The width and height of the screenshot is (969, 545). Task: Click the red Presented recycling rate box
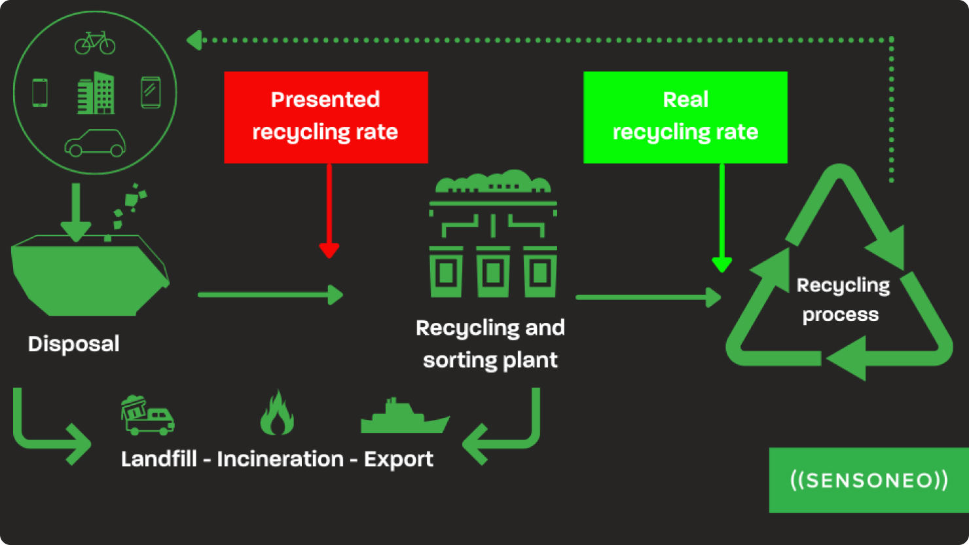pyautogui.click(x=325, y=117)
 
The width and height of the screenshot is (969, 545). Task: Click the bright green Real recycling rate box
pyautogui.click(x=685, y=117)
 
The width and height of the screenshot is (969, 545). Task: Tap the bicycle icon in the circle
pyautogui.click(x=95, y=43)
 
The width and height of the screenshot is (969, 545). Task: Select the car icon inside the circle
pyautogui.click(x=95, y=143)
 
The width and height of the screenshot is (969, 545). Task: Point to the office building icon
pyautogui.click(x=96, y=93)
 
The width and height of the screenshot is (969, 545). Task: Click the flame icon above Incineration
pyautogui.click(x=276, y=413)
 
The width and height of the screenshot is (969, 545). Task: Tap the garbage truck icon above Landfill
pyautogui.click(x=147, y=415)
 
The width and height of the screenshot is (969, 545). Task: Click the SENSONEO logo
pyautogui.click(x=868, y=480)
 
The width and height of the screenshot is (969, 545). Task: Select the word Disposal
pyautogui.click(x=73, y=344)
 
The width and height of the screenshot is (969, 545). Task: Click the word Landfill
pyautogui.click(x=158, y=459)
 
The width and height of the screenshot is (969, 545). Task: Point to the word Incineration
pyautogui.click(x=280, y=459)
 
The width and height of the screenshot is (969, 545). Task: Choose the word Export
pyautogui.click(x=398, y=459)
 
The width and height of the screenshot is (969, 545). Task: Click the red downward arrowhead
pyautogui.click(x=329, y=250)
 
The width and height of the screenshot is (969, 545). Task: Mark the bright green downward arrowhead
pyautogui.click(x=722, y=265)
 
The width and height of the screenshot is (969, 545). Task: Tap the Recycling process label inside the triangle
pyautogui.click(x=842, y=300)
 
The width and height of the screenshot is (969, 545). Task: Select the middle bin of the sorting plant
pyautogui.click(x=492, y=272)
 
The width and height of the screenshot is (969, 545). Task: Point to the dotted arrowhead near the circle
pyautogui.click(x=194, y=41)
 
